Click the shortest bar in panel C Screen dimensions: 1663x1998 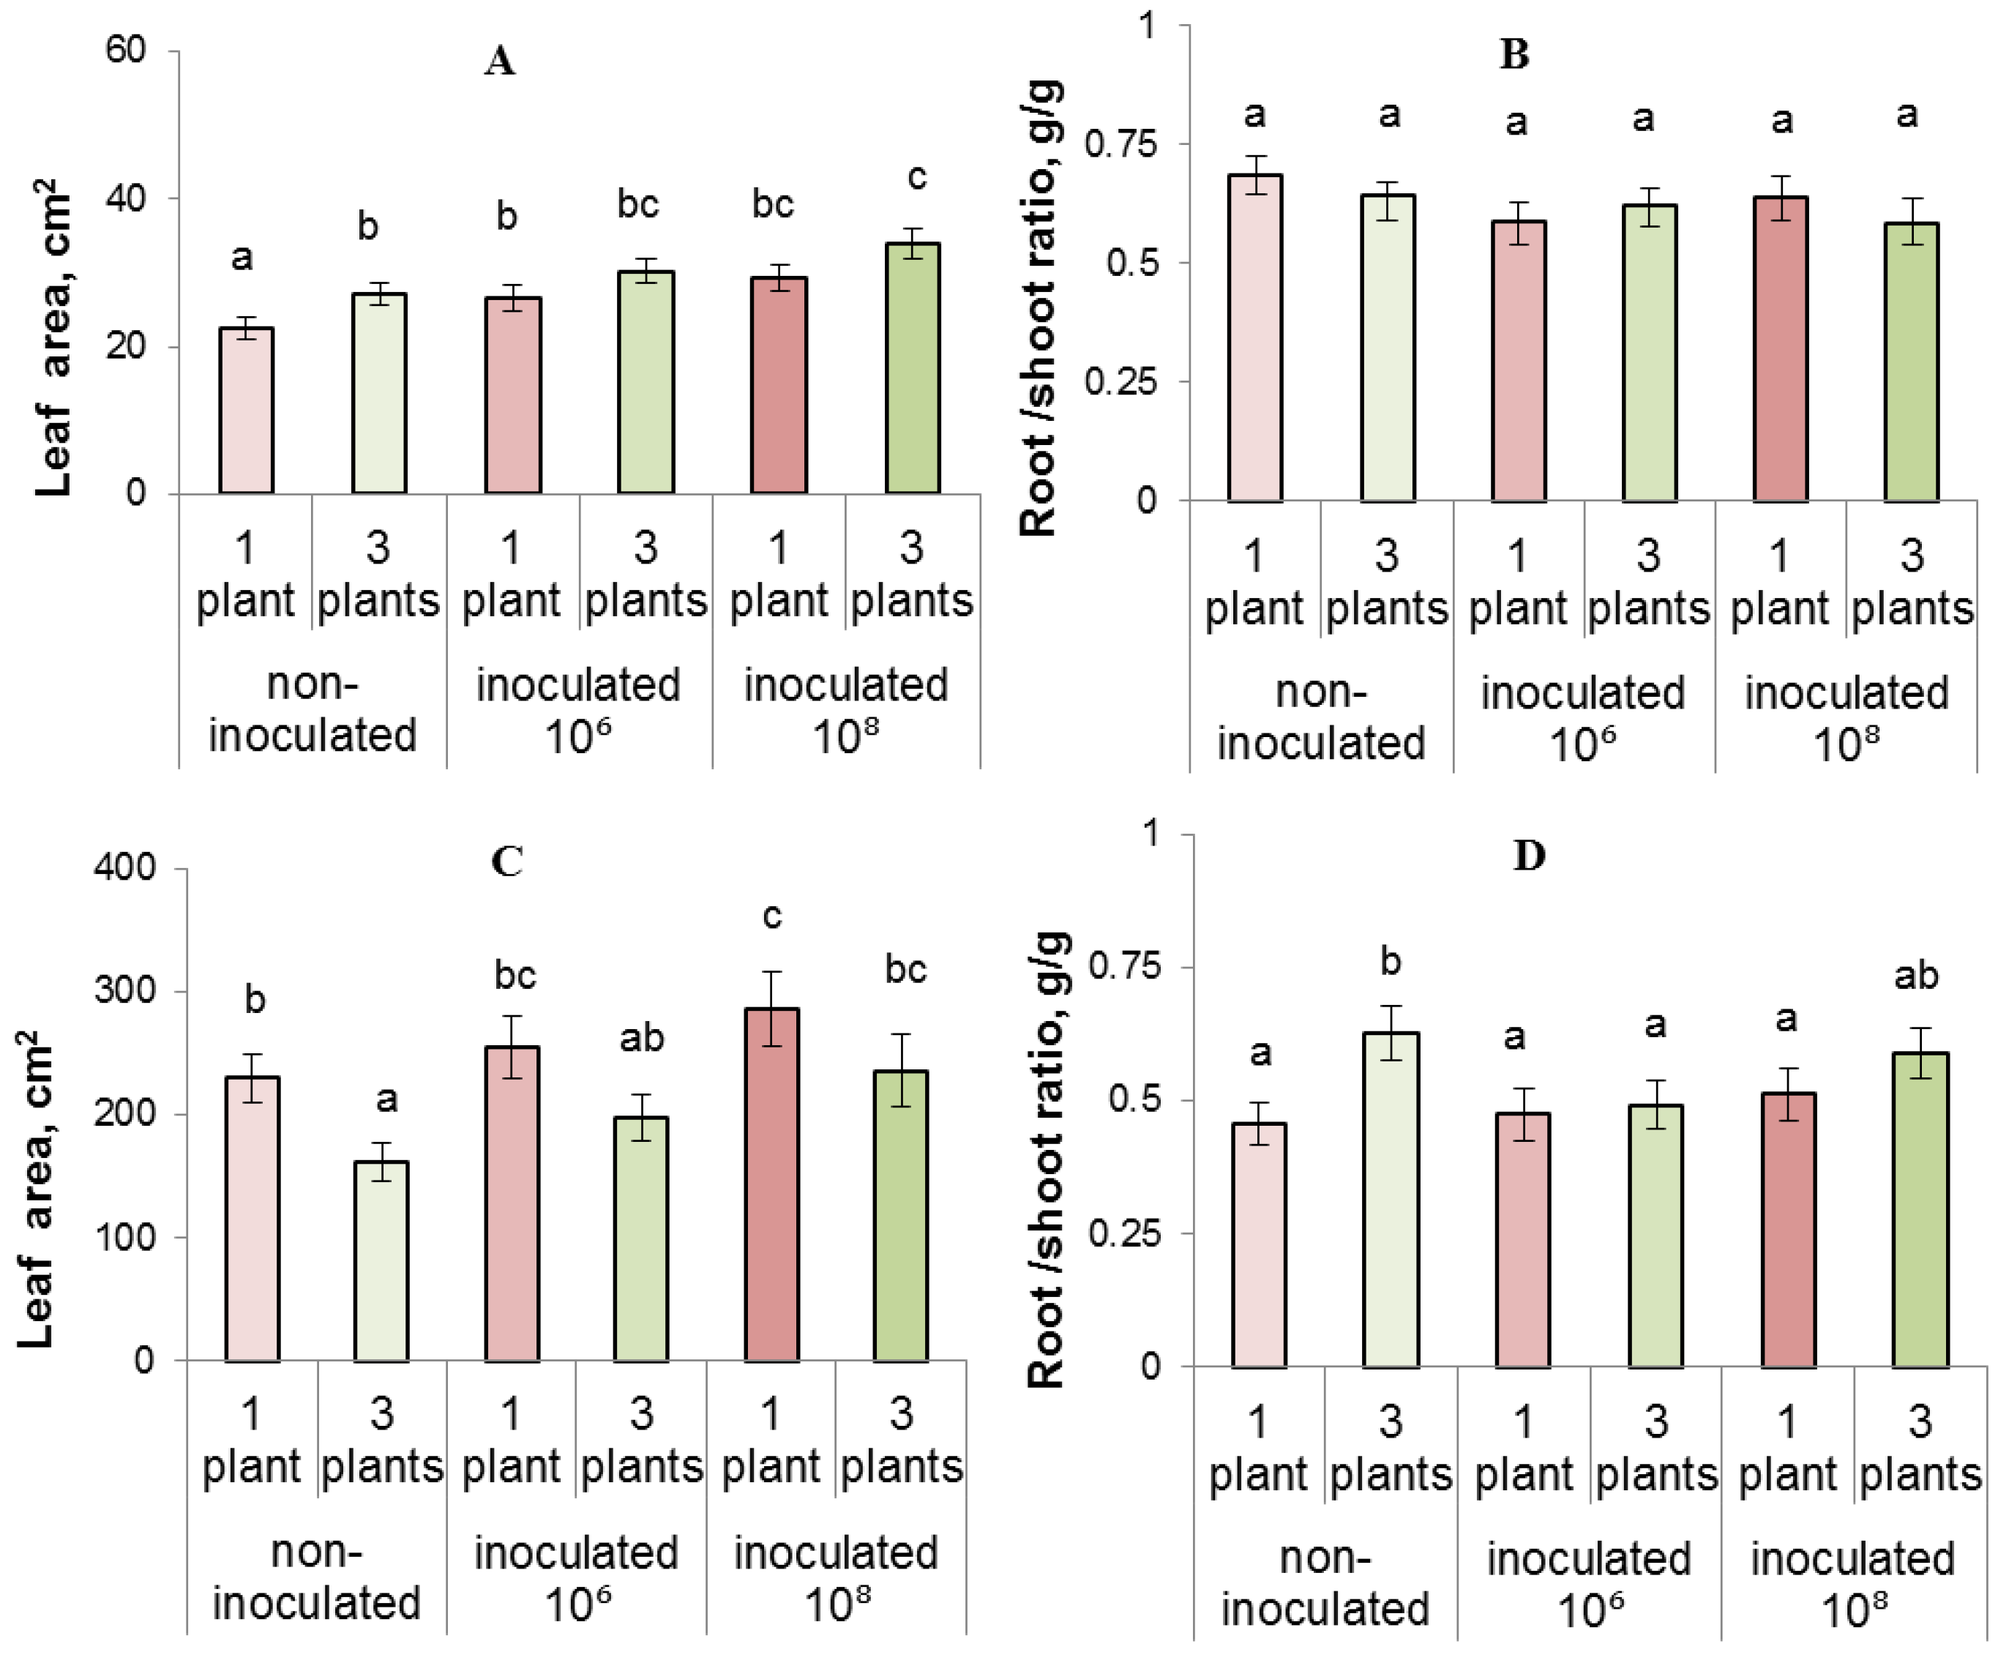[381, 1260]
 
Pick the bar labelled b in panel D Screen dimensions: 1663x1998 [1390, 1199]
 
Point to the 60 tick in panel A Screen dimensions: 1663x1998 [126, 50]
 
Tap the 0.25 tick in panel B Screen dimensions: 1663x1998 [1120, 381]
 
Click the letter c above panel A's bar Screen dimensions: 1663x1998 [916, 177]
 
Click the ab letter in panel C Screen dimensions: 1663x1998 [641, 1038]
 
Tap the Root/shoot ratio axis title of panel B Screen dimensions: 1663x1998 [1039, 309]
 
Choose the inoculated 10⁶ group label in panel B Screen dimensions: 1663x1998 [1582, 718]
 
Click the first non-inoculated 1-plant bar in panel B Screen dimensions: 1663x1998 [1255, 337]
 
